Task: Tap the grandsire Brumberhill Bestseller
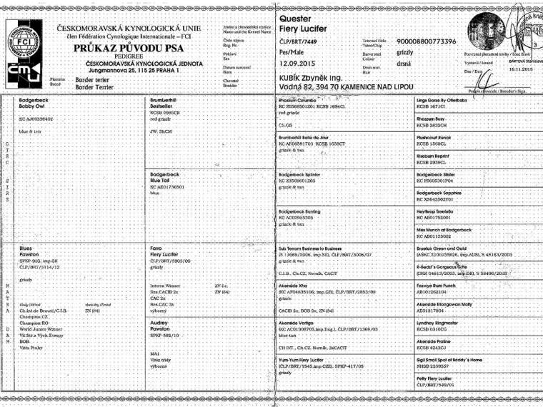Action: click(x=168, y=104)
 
